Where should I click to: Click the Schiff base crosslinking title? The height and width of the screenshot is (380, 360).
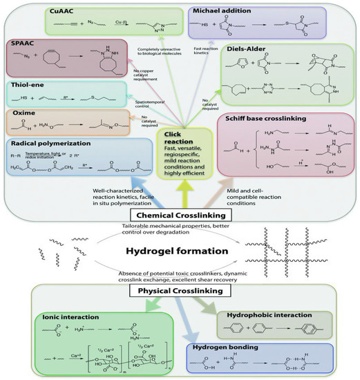point(272,119)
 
